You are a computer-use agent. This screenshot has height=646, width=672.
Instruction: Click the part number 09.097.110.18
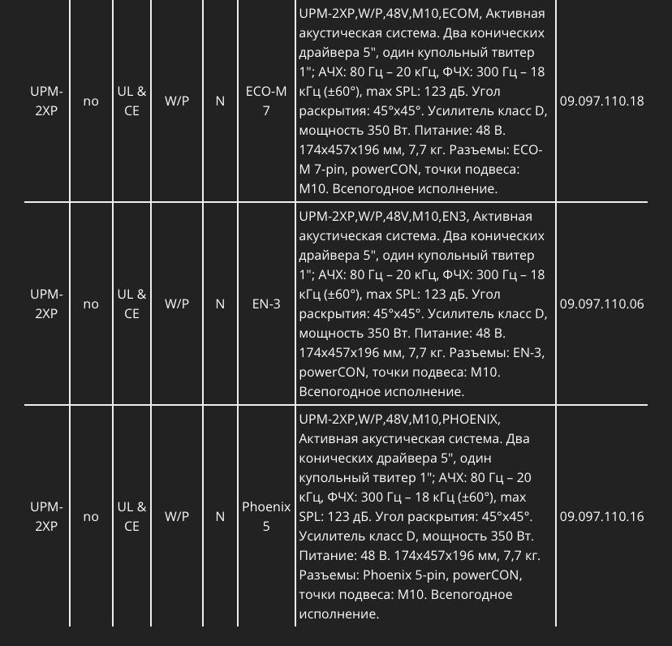point(601,101)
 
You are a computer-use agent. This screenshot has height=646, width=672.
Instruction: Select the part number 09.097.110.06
point(601,304)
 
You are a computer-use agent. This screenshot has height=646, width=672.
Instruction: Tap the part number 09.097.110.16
point(601,517)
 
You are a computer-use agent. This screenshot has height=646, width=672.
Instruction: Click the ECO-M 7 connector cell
point(266,101)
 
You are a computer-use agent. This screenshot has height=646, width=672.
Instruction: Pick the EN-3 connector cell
point(266,304)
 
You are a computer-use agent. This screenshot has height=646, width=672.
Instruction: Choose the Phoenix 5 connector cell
point(266,517)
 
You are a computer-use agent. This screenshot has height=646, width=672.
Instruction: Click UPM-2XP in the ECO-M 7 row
point(46,101)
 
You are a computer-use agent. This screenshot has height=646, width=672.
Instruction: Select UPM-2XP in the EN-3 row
point(46,304)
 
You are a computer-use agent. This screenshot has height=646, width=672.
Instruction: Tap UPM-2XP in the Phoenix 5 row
point(46,517)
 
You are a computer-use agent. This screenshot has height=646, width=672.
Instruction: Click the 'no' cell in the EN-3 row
point(91,304)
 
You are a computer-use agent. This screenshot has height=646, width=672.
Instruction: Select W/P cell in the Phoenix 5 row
point(177,517)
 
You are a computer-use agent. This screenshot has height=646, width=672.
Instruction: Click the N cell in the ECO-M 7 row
point(220,101)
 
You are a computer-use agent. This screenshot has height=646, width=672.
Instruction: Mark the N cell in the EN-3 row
point(220,304)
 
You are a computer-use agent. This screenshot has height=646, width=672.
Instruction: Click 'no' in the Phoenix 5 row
point(91,517)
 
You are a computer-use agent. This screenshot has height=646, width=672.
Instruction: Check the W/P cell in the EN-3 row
point(177,304)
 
